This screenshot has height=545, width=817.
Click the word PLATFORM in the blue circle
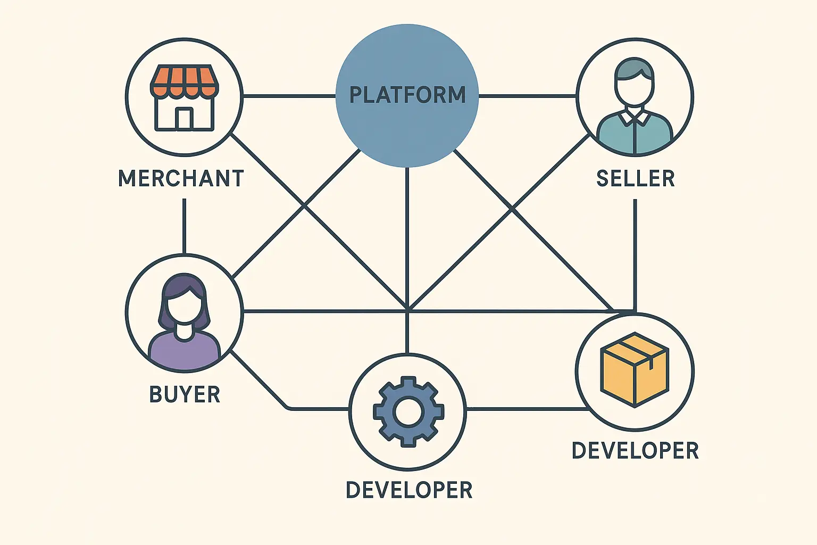click(407, 95)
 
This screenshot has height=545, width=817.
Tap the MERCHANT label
click(181, 178)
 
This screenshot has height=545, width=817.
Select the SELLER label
click(636, 178)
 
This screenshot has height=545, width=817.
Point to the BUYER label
click(185, 394)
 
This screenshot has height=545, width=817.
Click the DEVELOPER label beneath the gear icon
click(409, 490)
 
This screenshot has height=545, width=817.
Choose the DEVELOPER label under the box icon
click(635, 450)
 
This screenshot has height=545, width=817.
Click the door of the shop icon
click(184, 119)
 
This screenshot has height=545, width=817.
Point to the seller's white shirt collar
click(635, 117)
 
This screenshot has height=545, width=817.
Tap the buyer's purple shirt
click(184, 352)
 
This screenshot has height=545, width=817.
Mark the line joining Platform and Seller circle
click(527, 96)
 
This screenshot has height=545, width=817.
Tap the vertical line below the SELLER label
click(635, 250)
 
